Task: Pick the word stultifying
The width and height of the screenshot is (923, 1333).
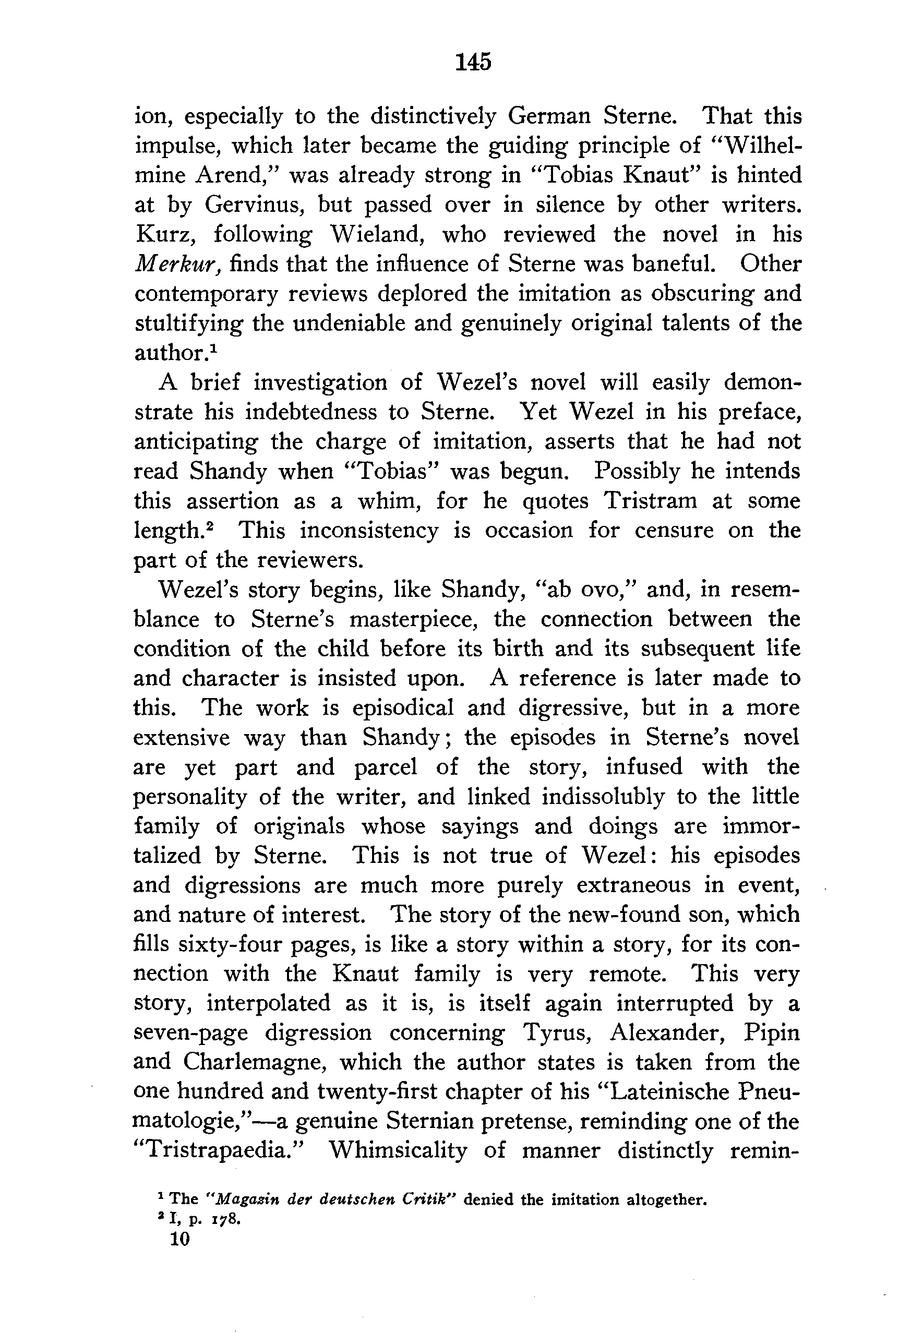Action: click(188, 323)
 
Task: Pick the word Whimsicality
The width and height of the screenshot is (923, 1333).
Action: click(398, 1150)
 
